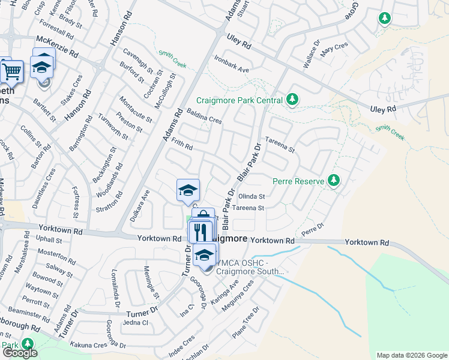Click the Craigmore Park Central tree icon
click(292, 99)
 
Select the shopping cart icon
click(12, 71)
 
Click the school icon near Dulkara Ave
click(188, 190)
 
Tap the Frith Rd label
click(181, 144)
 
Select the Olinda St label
click(252, 196)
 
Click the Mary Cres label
click(334, 50)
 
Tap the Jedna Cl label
click(135, 322)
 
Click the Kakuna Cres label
click(88, 345)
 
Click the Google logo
click(19, 353)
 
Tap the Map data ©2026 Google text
click(411, 355)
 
